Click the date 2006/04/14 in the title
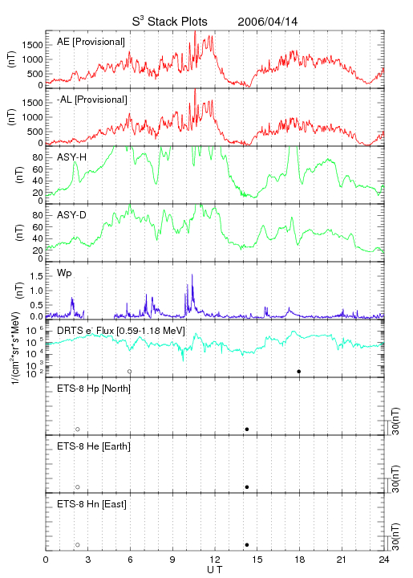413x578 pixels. point(268,22)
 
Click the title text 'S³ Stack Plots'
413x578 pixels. point(170,21)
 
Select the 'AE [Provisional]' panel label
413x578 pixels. point(91,42)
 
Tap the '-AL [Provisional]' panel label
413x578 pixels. point(92,100)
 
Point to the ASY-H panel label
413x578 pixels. point(72,157)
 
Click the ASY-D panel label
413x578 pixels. point(72,215)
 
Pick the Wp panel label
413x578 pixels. point(64,273)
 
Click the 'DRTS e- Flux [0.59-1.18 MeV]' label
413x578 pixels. point(121,331)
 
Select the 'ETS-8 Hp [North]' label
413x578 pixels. point(94,389)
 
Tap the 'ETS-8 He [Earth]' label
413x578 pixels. point(94,446)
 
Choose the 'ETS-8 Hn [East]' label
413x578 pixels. point(91,504)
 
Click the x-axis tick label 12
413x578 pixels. point(215,560)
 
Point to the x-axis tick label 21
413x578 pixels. point(342,560)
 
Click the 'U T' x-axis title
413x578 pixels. point(215,570)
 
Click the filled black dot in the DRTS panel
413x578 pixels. point(299,372)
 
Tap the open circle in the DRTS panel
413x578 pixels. point(130,372)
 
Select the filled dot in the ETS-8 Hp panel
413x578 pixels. point(247,429)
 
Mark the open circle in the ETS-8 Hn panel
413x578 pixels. point(78,545)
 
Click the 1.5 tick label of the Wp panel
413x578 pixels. point(36,276)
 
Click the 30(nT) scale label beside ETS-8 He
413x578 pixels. point(395,478)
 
